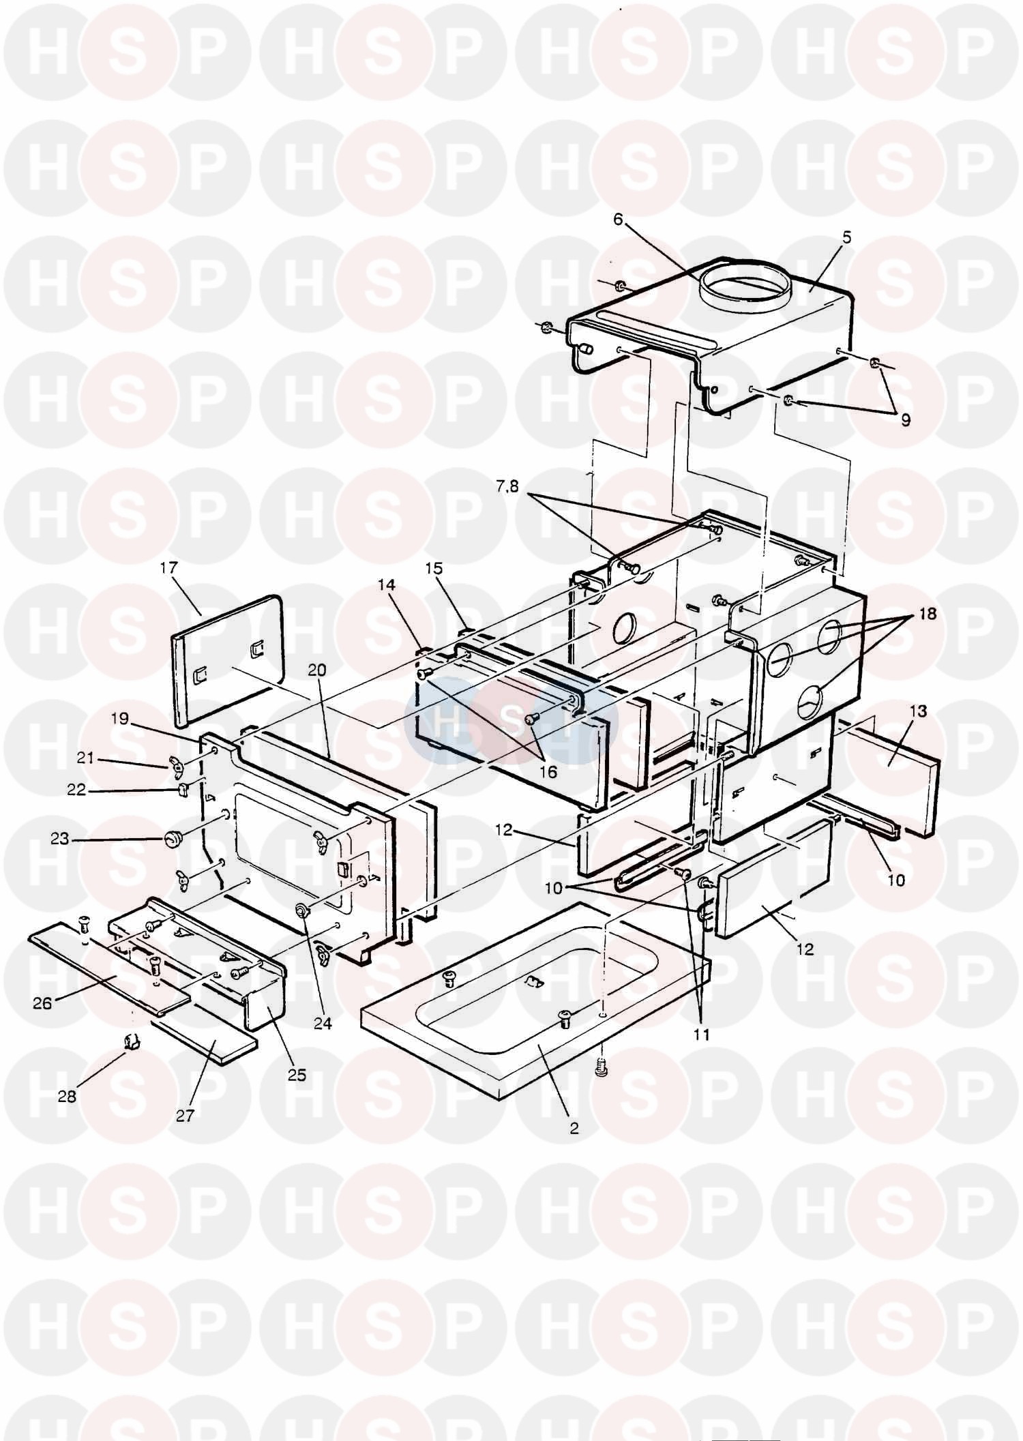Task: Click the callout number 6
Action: pyautogui.click(x=618, y=220)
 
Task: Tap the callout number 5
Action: pyautogui.click(x=846, y=238)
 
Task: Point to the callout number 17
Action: pyautogui.click(x=168, y=567)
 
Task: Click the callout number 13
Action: pyautogui.click(x=918, y=712)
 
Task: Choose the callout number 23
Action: pyautogui.click(x=60, y=838)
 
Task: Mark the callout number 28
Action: pyautogui.click(x=67, y=1097)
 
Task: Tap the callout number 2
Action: pyautogui.click(x=574, y=1129)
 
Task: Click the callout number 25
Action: pyautogui.click(x=297, y=1075)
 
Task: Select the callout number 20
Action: pyautogui.click(x=316, y=670)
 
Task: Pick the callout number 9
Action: pyautogui.click(x=905, y=421)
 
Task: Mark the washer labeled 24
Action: pyautogui.click(x=301, y=910)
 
